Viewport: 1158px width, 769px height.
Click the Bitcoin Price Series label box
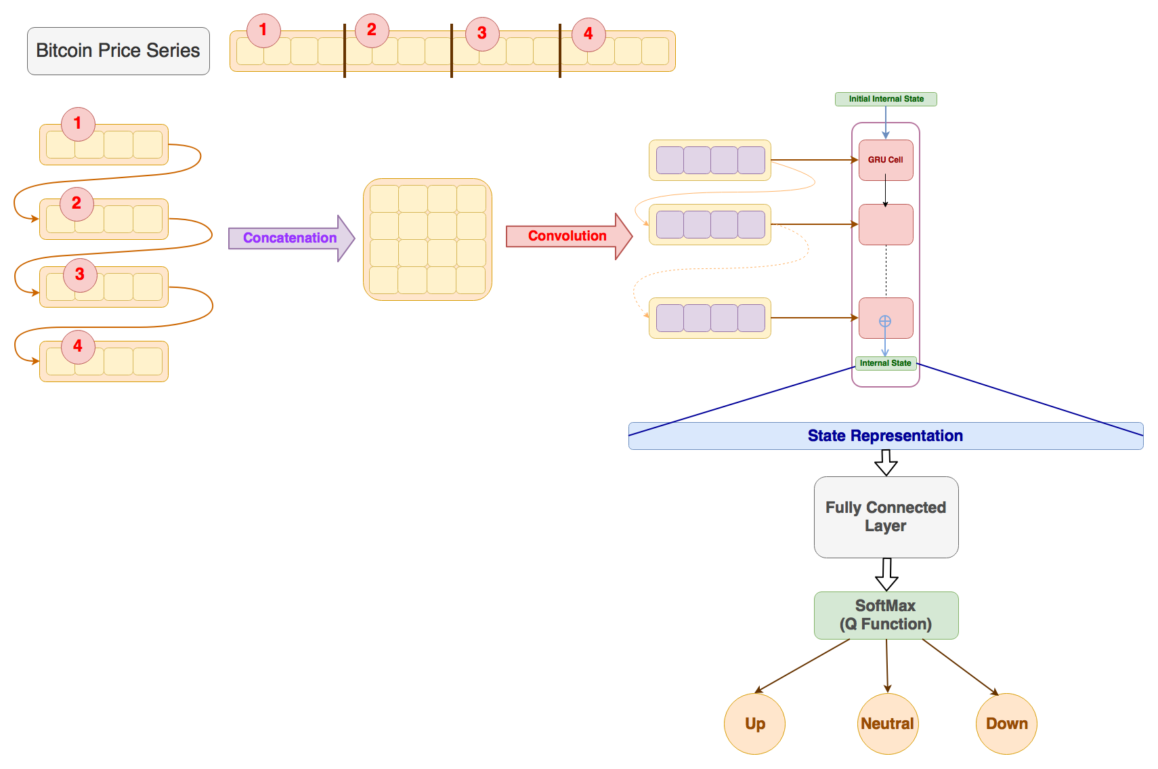point(119,51)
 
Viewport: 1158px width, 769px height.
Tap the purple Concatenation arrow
point(292,238)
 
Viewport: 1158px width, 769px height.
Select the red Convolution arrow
point(569,236)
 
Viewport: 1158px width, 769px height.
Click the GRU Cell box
point(886,160)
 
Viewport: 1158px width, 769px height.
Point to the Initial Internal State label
point(886,99)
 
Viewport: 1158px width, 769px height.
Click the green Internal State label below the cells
point(886,363)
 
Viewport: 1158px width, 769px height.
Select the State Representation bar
point(886,436)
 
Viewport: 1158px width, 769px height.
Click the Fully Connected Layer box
point(886,517)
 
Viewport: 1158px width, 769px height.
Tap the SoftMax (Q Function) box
point(886,615)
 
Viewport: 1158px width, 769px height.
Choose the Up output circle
point(755,724)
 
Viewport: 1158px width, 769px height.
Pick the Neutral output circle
point(888,724)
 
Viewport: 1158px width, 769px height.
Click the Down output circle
point(1006,724)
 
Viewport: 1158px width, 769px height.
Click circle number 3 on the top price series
point(482,34)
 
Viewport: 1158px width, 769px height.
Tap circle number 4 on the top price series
point(589,35)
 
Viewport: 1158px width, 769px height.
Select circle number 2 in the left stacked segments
point(77,204)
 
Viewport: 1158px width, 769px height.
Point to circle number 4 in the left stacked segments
point(78,347)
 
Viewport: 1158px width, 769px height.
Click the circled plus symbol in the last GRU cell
point(885,321)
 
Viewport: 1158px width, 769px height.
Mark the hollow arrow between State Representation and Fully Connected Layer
point(886,462)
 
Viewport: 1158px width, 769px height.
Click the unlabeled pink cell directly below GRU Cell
point(886,224)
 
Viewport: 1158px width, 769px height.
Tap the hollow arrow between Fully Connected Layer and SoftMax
point(886,575)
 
